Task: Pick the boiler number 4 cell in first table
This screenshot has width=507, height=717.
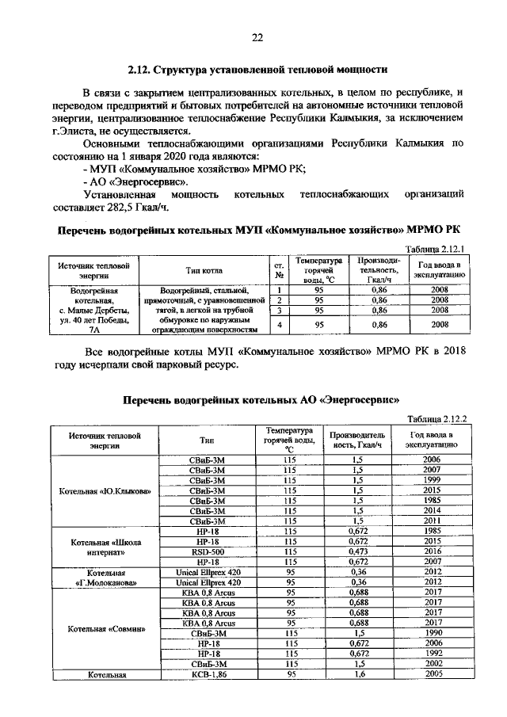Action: click(279, 324)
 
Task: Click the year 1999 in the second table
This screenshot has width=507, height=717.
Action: click(432, 480)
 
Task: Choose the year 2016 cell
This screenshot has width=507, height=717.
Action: click(432, 550)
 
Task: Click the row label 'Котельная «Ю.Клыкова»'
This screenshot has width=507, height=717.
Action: click(105, 490)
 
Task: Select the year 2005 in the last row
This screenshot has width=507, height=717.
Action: click(432, 673)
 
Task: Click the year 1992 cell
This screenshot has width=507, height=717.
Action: click(432, 654)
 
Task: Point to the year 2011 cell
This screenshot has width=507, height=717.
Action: click(432, 521)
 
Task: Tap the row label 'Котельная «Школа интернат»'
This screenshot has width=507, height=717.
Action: click(105, 545)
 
